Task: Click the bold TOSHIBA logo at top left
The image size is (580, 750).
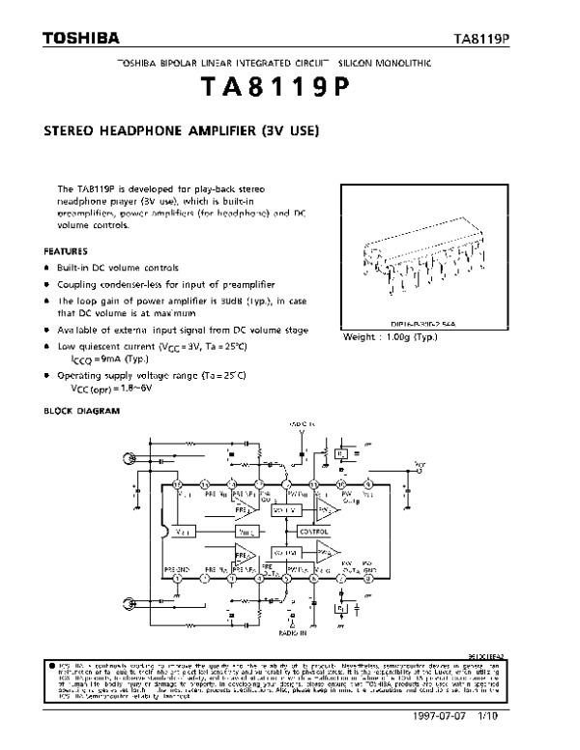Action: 80,39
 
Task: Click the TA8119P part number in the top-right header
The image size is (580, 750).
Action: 481,40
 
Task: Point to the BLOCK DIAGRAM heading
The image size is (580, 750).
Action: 82,411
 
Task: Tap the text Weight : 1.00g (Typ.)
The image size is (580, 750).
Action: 390,337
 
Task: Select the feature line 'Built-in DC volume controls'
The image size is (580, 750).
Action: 117,268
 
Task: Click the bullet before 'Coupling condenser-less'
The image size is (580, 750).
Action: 46,284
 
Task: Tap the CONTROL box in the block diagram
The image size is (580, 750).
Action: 314,533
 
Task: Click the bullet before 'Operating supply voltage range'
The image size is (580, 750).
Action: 46,374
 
